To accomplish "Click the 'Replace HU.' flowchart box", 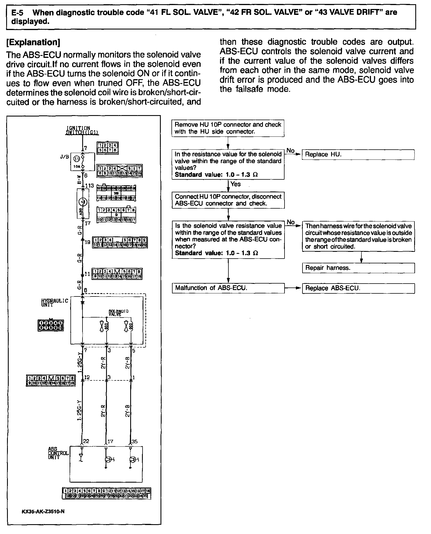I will (x=358, y=155).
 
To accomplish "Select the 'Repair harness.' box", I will (x=358, y=268).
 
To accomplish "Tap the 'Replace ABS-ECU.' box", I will (x=358, y=288).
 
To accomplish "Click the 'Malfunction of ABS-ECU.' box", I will (x=228, y=288).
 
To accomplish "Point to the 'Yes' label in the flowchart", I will (x=235, y=184).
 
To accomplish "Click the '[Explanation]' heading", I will (x=33, y=42).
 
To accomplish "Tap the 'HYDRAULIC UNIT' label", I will (x=54, y=303).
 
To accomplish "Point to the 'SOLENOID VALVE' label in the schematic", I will (x=118, y=313).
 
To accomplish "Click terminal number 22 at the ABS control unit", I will (x=86, y=441).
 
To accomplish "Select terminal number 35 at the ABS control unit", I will (x=134, y=441).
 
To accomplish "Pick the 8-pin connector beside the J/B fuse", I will (x=107, y=148).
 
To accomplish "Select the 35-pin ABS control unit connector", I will (x=106, y=493).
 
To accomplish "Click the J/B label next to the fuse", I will (x=64, y=157).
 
